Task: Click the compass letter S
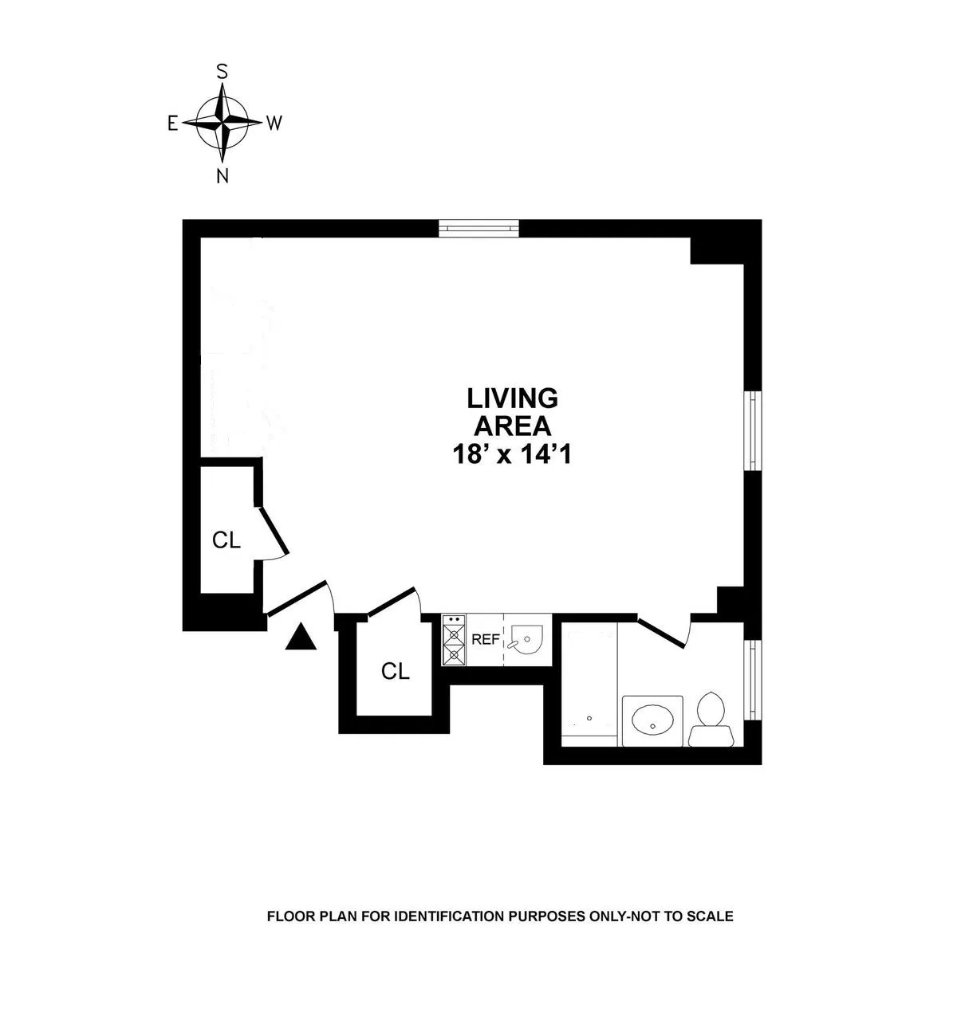click(x=223, y=71)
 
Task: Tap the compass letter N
click(x=223, y=176)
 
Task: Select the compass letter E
click(x=171, y=123)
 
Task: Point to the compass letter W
click(x=274, y=123)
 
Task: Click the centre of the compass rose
click(x=223, y=123)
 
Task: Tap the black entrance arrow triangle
click(x=301, y=636)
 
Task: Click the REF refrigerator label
click(x=486, y=639)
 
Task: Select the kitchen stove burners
click(x=454, y=640)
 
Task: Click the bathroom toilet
click(x=711, y=718)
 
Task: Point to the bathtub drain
click(x=589, y=718)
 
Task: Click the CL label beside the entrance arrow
click(x=396, y=671)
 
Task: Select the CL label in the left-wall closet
click(x=226, y=540)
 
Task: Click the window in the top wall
click(x=479, y=229)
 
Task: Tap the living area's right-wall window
click(x=752, y=430)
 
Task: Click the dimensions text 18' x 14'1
click(x=513, y=454)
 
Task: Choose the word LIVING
click(x=513, y=396)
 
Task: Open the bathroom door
click(x=664, y=630)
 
